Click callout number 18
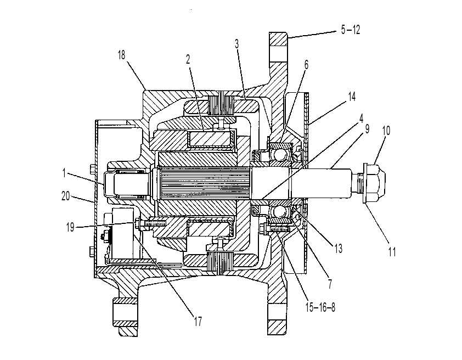pyautogui.click(x=121, y=55)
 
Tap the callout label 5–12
pyautogui.click(x=351, y=30)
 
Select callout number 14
pyautogui.click(x=352, y=97)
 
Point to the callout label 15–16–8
pyautogui.click(x=320, y=307)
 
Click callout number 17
pyautogui.click(x=198, y=321)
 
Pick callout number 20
pyautogui.click(x=65, y=196)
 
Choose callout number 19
pyautogui.click(x=70, y=227)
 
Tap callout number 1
pyautogui.click(x=64, y=173)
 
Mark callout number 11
pyautogui.click(x=392, y=252)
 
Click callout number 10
pyautogui.click(x=386, y=131)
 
